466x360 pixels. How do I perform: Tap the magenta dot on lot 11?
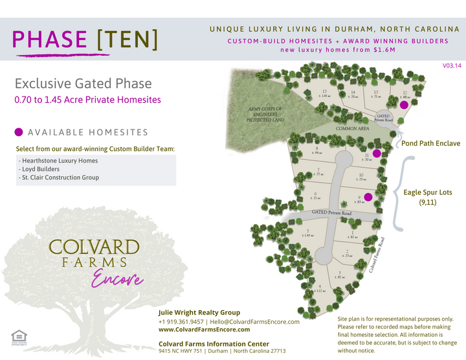point(377,153)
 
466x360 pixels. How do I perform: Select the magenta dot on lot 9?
point(368,197)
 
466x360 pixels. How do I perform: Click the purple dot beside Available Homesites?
point(19,132)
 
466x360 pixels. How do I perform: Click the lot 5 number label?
point(308,231)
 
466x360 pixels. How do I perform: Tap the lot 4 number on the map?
point(320,287)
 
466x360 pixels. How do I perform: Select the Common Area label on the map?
point(352,129)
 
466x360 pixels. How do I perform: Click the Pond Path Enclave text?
point(430,143)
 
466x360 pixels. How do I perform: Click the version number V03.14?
point(452,66)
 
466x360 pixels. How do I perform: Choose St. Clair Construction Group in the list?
point(59,177)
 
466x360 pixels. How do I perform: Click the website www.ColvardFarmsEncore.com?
point(204,330)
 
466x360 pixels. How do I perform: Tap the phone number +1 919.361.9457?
point(182,322)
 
